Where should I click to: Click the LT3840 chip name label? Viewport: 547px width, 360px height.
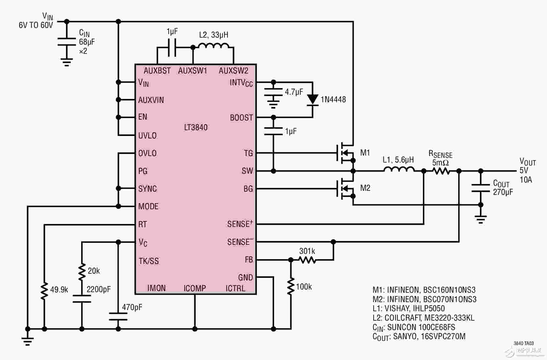tap(196, 127)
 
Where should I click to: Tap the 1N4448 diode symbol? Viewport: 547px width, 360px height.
tap(313, 100)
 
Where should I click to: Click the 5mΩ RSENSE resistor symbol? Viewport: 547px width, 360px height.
tap(441, 171)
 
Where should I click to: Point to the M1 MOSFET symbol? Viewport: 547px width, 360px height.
tap(346, 153)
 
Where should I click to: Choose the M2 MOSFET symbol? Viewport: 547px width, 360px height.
tap(346, 188)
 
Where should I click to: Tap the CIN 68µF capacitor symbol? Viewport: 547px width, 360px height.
tap(67, 41)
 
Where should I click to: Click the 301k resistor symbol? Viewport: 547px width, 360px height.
tap(307, 260)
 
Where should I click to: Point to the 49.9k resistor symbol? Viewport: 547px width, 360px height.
tap(44, 291)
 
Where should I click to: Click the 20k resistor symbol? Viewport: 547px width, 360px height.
tap(82, 272)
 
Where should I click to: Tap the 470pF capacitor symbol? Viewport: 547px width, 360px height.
tap(118, 317)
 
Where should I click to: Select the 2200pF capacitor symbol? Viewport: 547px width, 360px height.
tap(82, 299)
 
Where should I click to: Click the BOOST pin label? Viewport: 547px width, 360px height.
tap(241, 118)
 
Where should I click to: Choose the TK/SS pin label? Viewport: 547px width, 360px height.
tap(149, 261)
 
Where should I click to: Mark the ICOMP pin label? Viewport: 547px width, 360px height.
tap(195, 288)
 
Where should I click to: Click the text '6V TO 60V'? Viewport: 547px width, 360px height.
tap(36, 25)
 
